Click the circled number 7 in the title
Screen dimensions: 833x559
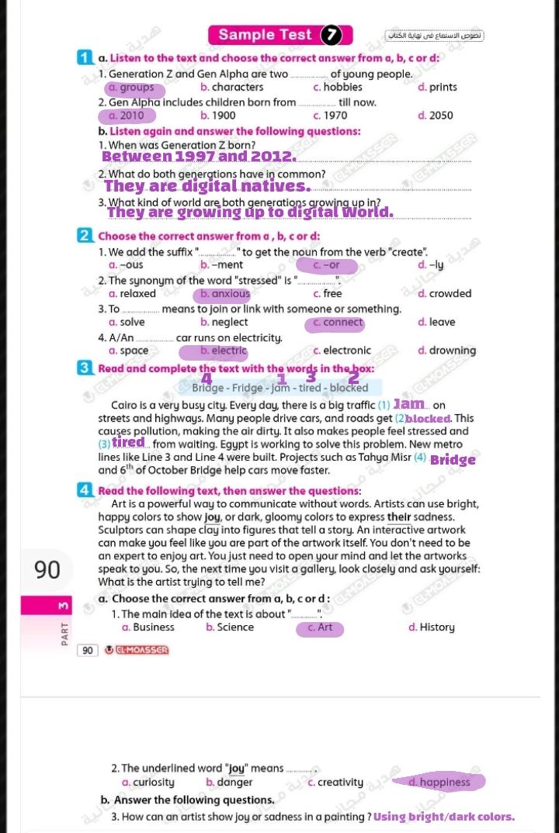(332, 35)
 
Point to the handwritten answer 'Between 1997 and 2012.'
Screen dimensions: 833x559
(199, 157)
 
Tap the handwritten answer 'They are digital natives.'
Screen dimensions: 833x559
(207, 186)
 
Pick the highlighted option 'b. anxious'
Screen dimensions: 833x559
(225, 294)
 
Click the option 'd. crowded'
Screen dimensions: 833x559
(444, 294)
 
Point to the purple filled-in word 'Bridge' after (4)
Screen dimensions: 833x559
(453, 460)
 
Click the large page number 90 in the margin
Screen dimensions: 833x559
(47, 569)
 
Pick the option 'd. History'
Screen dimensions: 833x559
(431, 627)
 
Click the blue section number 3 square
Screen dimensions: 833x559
(85, 368)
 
